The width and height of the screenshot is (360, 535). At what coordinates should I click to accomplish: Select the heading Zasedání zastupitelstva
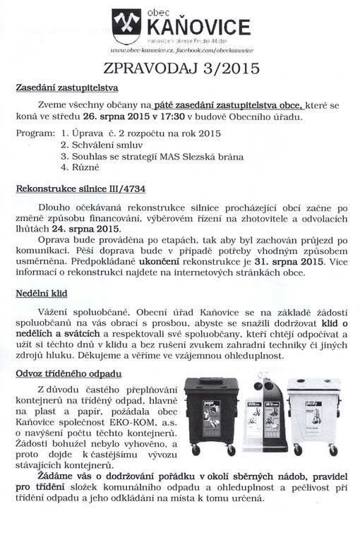67,88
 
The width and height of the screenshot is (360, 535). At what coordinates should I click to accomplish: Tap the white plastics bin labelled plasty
313,416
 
